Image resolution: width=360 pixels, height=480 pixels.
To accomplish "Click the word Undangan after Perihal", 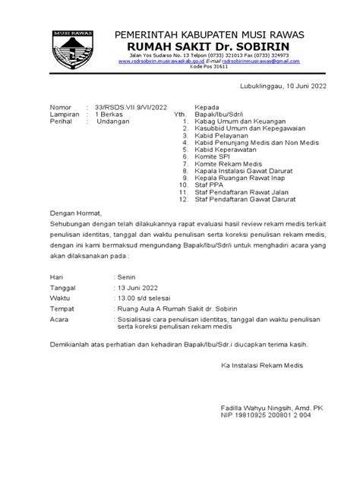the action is (x=112, y=121).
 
